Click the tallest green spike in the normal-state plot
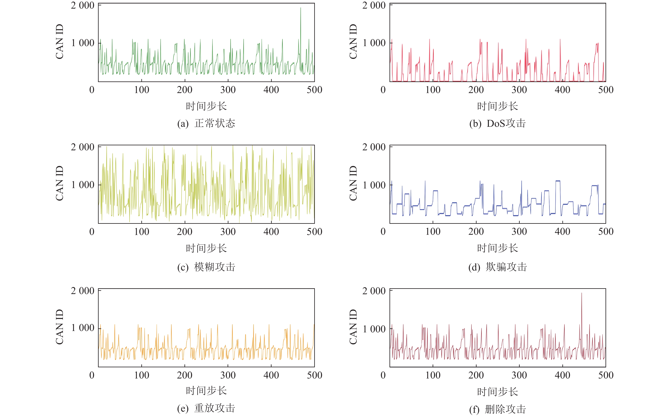300,8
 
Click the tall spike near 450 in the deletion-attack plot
581,293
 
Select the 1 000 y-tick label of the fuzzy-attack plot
82,185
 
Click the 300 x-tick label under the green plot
228,90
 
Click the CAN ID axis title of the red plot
353,42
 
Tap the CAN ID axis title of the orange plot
59,327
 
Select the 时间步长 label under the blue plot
498,248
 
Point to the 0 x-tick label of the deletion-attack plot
383,375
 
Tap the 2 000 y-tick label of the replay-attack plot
82,291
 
